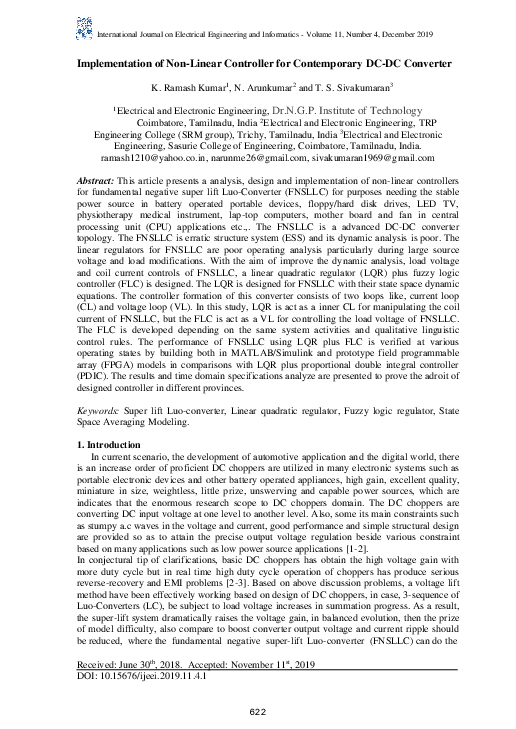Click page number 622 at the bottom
(x=257, y=711)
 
